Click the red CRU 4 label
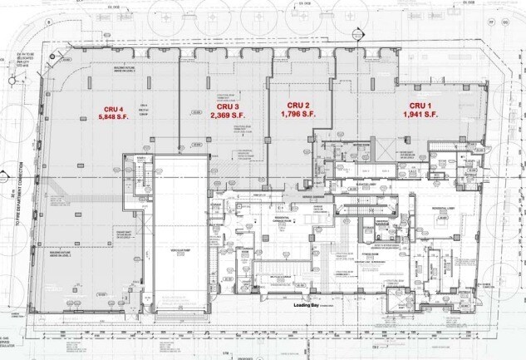pos(114,109)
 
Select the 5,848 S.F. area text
pos(114,117)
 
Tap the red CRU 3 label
pos(228,107)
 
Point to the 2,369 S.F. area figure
pos(228,116)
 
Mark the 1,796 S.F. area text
pos(297,114)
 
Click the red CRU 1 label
pos(415,106)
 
